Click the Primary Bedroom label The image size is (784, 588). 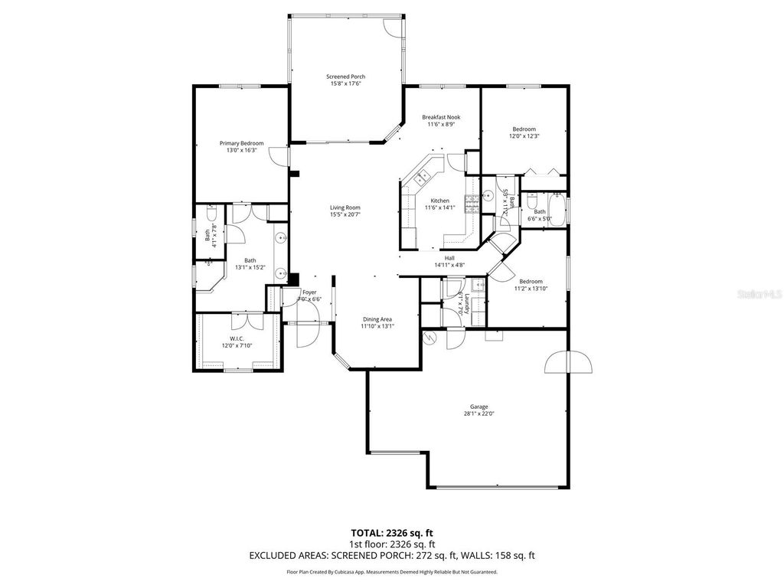(241, 143)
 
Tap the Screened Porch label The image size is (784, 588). (345, 77)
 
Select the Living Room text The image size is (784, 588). (345, 207)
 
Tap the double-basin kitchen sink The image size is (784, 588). (423, 178)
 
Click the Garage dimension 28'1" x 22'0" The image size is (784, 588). (479, 413)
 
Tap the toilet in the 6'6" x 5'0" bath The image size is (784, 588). (531, 202)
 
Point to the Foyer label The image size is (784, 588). (309, 292)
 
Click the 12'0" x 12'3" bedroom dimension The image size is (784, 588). (524, 136)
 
